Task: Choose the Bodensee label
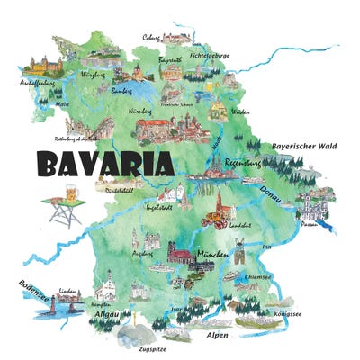(x=29, y=290)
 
